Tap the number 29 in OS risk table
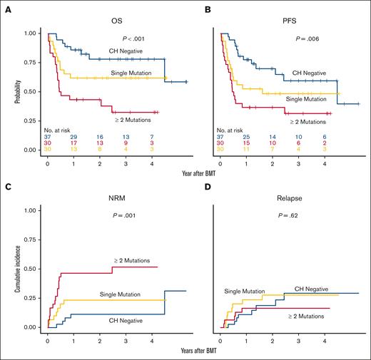point(73,135)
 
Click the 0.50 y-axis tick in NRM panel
point(31,269)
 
